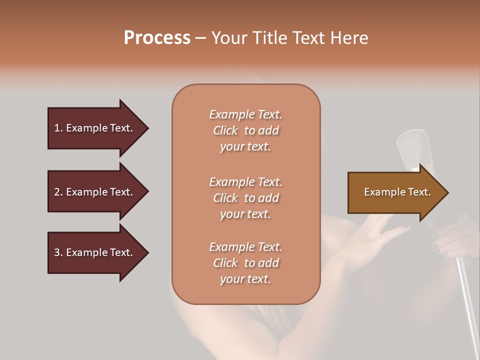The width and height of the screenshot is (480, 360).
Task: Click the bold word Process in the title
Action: pyautogui.click(x=157, y=38)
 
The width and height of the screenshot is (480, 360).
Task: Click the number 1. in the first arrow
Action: pyautogui.click(x=58, y=128)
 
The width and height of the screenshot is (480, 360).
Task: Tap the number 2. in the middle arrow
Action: pyautogui.click(x=58, y=192)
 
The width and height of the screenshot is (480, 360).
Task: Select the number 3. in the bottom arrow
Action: pyautogui.click(x=58, y=252)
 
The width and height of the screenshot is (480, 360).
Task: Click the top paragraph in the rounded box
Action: pyautogui.click(x=245, y=130)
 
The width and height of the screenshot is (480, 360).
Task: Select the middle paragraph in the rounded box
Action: pyautogui.click(x=245, y=198)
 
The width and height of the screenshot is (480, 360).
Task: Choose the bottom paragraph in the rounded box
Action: pyautogui.click(x=245, y=263)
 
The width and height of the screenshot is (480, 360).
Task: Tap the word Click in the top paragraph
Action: pyautogui.click(x=225, y=130)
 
